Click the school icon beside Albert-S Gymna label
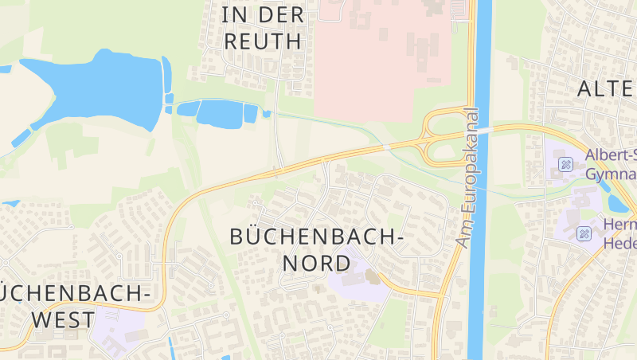click(x=566, y=165)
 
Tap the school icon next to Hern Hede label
click(x=584, y=233)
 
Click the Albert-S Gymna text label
click(x=611, y=164)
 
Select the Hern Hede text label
click(x=620, y=233)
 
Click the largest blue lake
click(x=96, y=88)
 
